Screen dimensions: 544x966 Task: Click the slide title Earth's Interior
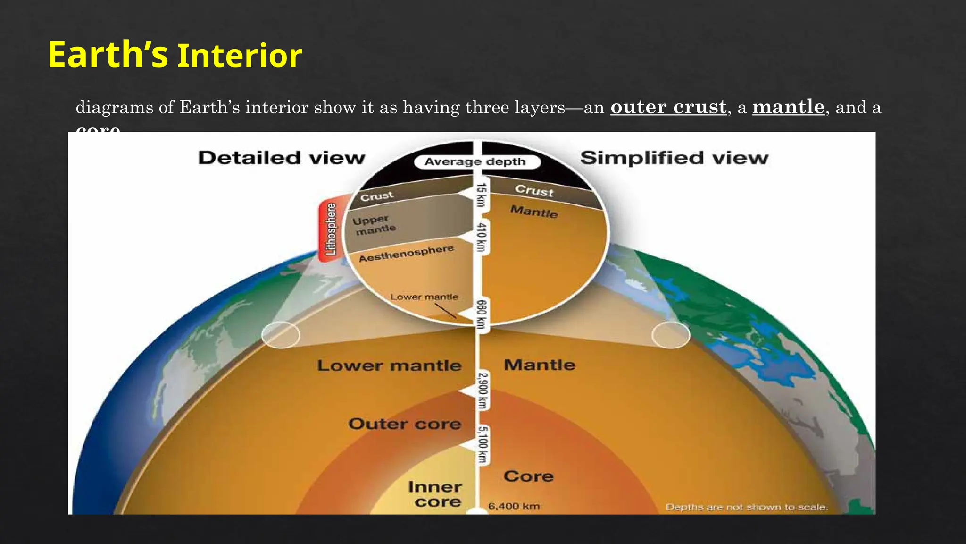[175, 55]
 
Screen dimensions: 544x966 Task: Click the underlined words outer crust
[668, 107]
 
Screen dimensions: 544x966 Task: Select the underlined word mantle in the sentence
[788, 107]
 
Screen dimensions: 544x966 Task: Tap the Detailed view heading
[282, 158]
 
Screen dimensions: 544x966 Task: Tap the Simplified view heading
[674, 158]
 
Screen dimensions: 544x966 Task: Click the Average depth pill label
[475, 162]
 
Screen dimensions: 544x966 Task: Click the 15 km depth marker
[481, 195]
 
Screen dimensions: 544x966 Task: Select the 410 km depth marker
[481, 237]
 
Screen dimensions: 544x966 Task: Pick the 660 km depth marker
[481, 314]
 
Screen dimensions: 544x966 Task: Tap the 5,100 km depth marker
[482, 444]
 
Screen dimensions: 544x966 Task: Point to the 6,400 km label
[514, 506]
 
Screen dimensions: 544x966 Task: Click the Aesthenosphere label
[406, 254]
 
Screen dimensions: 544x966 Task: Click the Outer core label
[405, 424]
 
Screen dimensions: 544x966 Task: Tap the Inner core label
[435, 494]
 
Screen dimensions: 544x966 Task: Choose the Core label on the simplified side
[528, 476]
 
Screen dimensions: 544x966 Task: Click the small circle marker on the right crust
[671, 335]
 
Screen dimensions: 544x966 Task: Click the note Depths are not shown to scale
[747, 507]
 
